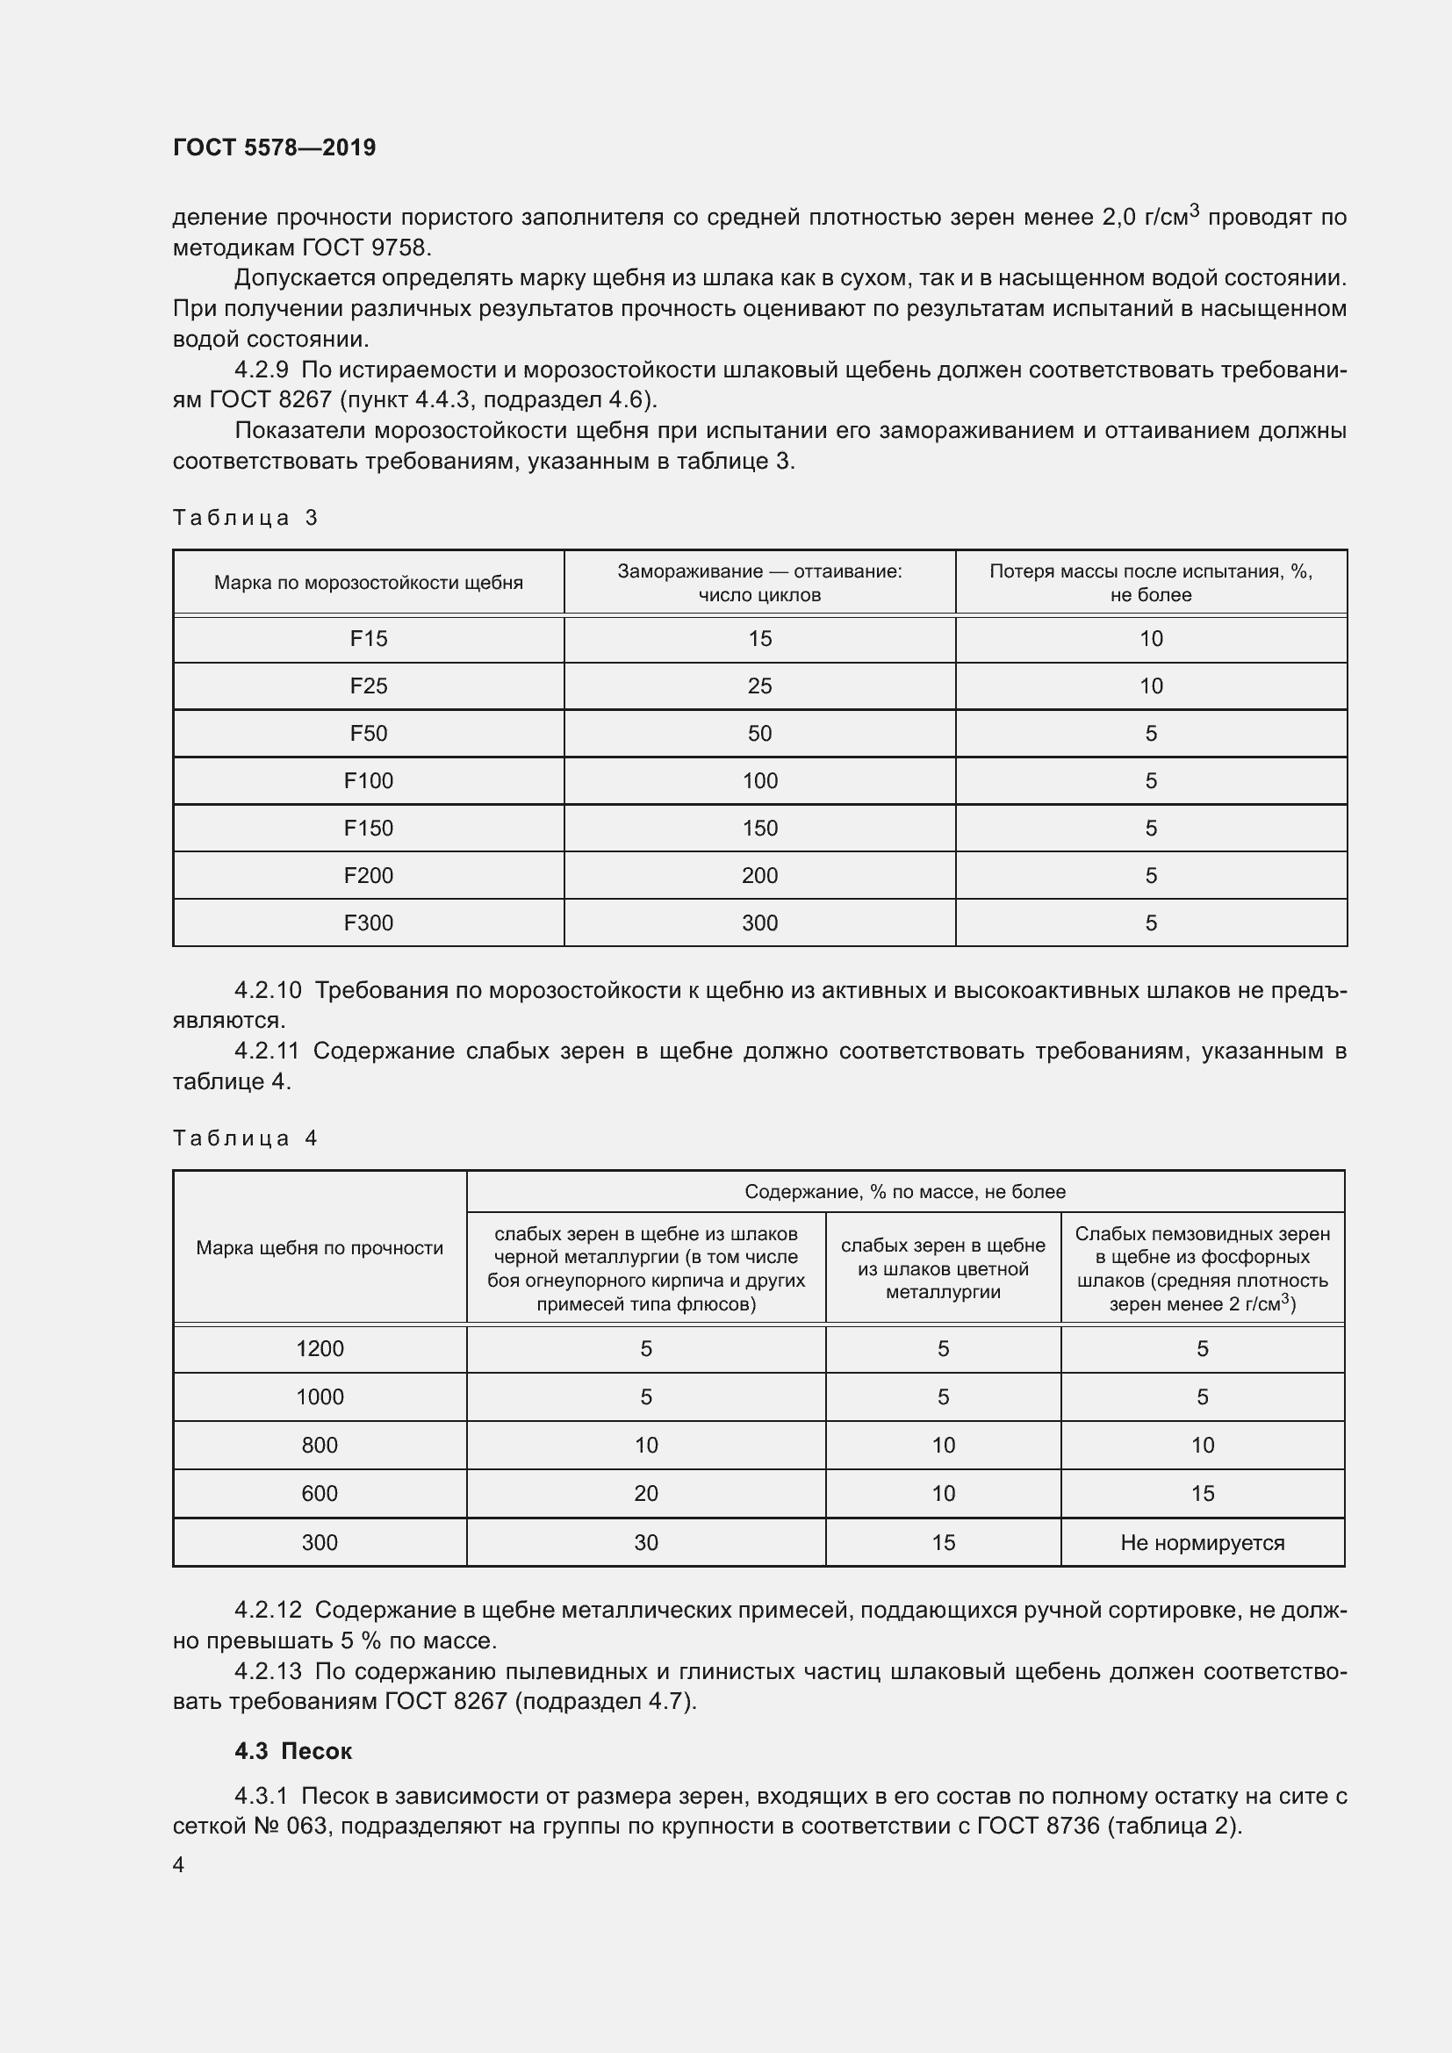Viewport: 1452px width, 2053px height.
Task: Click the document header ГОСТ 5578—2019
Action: (274, 147)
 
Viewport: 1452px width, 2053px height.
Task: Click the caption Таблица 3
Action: (245, 518)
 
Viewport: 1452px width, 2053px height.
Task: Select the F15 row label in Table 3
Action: (368, 638)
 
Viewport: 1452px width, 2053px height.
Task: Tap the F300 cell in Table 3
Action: (368, 922)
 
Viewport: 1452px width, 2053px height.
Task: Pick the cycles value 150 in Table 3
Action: (759, 828)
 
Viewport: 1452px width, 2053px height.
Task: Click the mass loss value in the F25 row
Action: (1150, 686)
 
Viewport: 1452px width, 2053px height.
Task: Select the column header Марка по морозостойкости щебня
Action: (368, 583)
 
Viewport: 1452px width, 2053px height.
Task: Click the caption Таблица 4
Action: (245, 1138)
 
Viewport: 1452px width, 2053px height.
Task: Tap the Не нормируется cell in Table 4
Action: (1202, 1542)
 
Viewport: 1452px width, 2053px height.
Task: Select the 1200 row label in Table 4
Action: (320, 1348)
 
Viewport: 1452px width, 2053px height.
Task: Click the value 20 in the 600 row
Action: (645, 1493)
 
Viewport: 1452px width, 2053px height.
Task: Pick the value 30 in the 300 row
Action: (645, 1542)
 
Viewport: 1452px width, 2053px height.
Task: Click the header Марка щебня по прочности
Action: (320, 1247)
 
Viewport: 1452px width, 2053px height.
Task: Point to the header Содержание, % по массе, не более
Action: (905, 1192)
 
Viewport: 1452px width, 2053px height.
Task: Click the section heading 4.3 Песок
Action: (293, 1751)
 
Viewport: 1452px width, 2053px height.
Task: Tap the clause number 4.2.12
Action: (269, 1611)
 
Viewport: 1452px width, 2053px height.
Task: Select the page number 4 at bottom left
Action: (178, 1864)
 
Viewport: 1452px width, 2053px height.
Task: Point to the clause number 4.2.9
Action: (262, 370)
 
